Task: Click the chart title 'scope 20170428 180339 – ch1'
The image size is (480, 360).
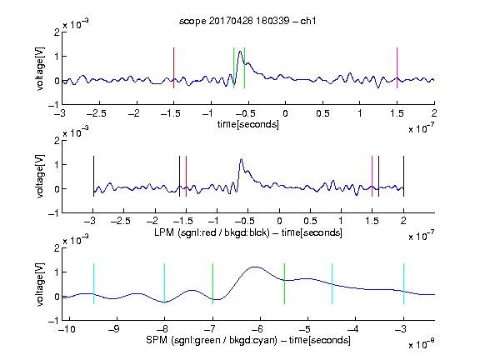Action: coord(247,21)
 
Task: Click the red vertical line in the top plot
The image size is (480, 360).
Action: coord(173,68)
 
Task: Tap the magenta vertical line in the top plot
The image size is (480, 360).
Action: coord(397,68)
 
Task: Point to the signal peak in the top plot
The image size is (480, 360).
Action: coord(240,52)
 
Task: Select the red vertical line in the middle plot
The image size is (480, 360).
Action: coord(186,177)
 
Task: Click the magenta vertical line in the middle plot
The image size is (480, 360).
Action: coord(372,177)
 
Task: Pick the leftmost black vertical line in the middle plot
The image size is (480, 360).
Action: coord(93,177)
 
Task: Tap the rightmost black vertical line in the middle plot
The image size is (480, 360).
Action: coord(403,177)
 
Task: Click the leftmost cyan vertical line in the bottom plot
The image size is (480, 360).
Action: coord(93,284)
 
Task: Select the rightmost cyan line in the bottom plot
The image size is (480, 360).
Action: coord(403,284)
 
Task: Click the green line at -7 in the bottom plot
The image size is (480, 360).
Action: coord(212,284)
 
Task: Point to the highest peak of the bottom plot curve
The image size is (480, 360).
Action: coord(254,267)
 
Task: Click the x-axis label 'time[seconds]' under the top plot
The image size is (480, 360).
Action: coord(248,124)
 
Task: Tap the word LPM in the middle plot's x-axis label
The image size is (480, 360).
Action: coord(164,232)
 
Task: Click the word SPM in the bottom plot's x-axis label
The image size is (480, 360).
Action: coord(157,340)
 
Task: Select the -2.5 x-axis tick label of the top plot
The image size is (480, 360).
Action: coord(97,113)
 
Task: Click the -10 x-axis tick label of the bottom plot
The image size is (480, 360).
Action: coord(67,329)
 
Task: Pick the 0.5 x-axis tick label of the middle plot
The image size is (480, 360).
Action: coord(310,221)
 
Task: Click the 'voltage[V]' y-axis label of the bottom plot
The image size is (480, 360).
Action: coord(40,284)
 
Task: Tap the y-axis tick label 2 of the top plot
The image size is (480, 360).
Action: coord(57,32)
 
